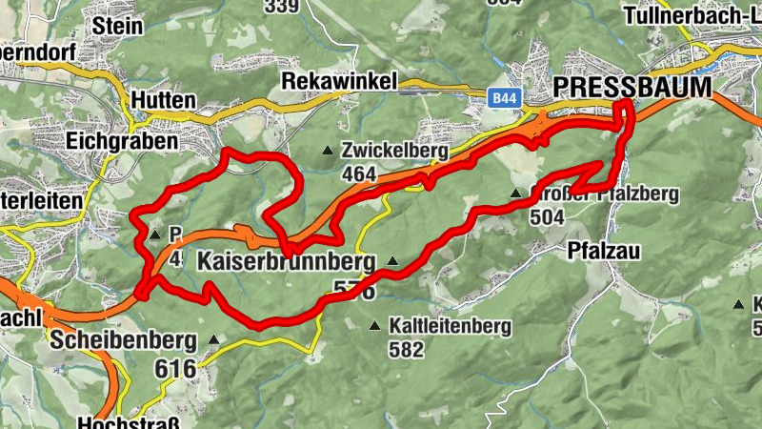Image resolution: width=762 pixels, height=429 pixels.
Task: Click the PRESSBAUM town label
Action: point(632,88)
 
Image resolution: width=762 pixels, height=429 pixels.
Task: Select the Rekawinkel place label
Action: point(339,83)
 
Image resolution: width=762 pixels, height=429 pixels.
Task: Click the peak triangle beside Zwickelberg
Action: point(328,150)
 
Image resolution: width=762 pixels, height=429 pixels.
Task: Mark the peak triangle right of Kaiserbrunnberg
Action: point(391,259)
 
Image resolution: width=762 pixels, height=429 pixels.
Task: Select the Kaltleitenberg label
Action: point(450,326)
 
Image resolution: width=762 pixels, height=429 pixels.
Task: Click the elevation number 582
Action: point(406,349)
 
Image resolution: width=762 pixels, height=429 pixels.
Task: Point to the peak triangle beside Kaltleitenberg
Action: point(375,325)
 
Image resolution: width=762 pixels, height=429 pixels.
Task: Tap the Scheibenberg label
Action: point(125,339)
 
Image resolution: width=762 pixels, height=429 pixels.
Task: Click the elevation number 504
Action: point(550,216)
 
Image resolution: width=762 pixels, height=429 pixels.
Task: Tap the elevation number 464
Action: point(359,174)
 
